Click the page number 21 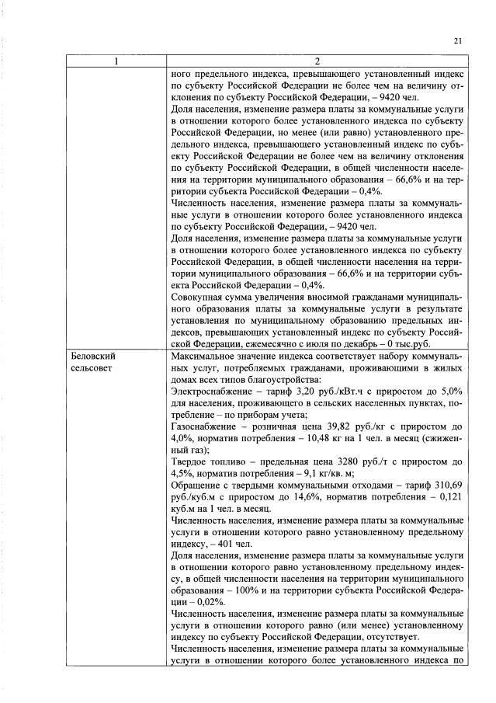click(457, 41)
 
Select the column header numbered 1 click(116, 61)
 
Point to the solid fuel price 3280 click(349, 461)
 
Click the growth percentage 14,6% click(276, 497)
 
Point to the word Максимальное click(206, 356)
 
